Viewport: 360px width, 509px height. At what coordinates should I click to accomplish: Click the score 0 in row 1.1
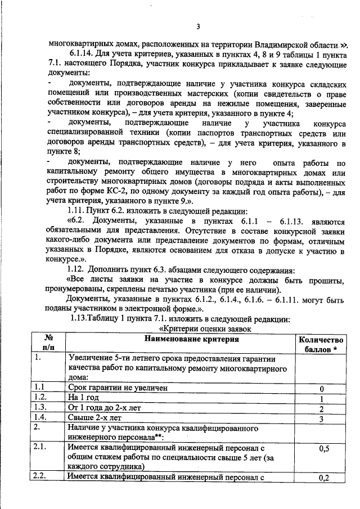click(x=321, y=388)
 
